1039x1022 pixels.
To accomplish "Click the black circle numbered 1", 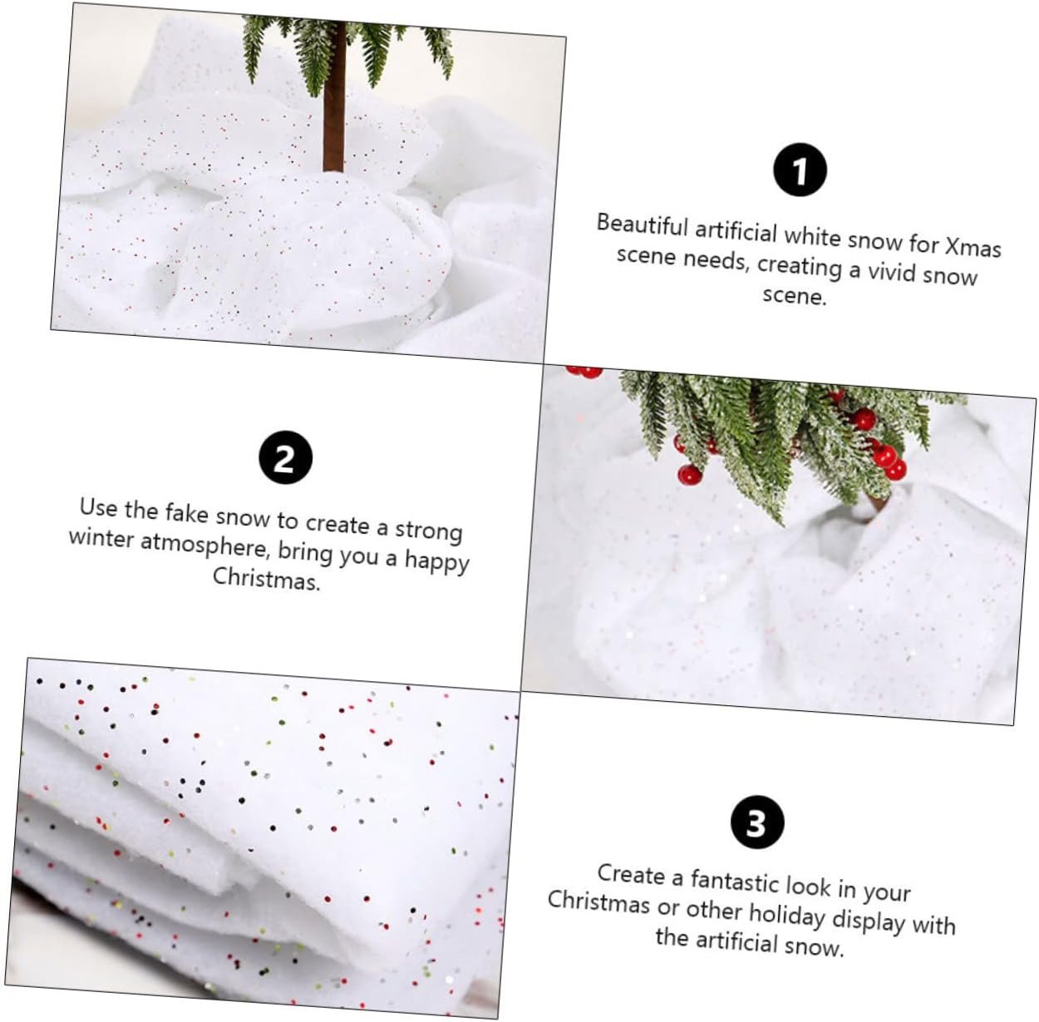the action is click(x=800, y=170).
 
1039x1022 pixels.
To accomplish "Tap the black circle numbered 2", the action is click(x=285, y=457).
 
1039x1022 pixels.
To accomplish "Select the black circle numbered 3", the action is click(x=757, y=822).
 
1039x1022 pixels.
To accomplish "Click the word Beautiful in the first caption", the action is click(x=642, y=225).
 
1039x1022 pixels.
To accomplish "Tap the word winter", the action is click(x=101, y=538).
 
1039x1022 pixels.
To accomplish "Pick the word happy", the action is click(x=436, y=561).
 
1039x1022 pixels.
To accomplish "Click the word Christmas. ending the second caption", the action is click(x=266, y=578).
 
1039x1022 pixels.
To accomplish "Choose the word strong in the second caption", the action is click(x=429, y=530).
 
